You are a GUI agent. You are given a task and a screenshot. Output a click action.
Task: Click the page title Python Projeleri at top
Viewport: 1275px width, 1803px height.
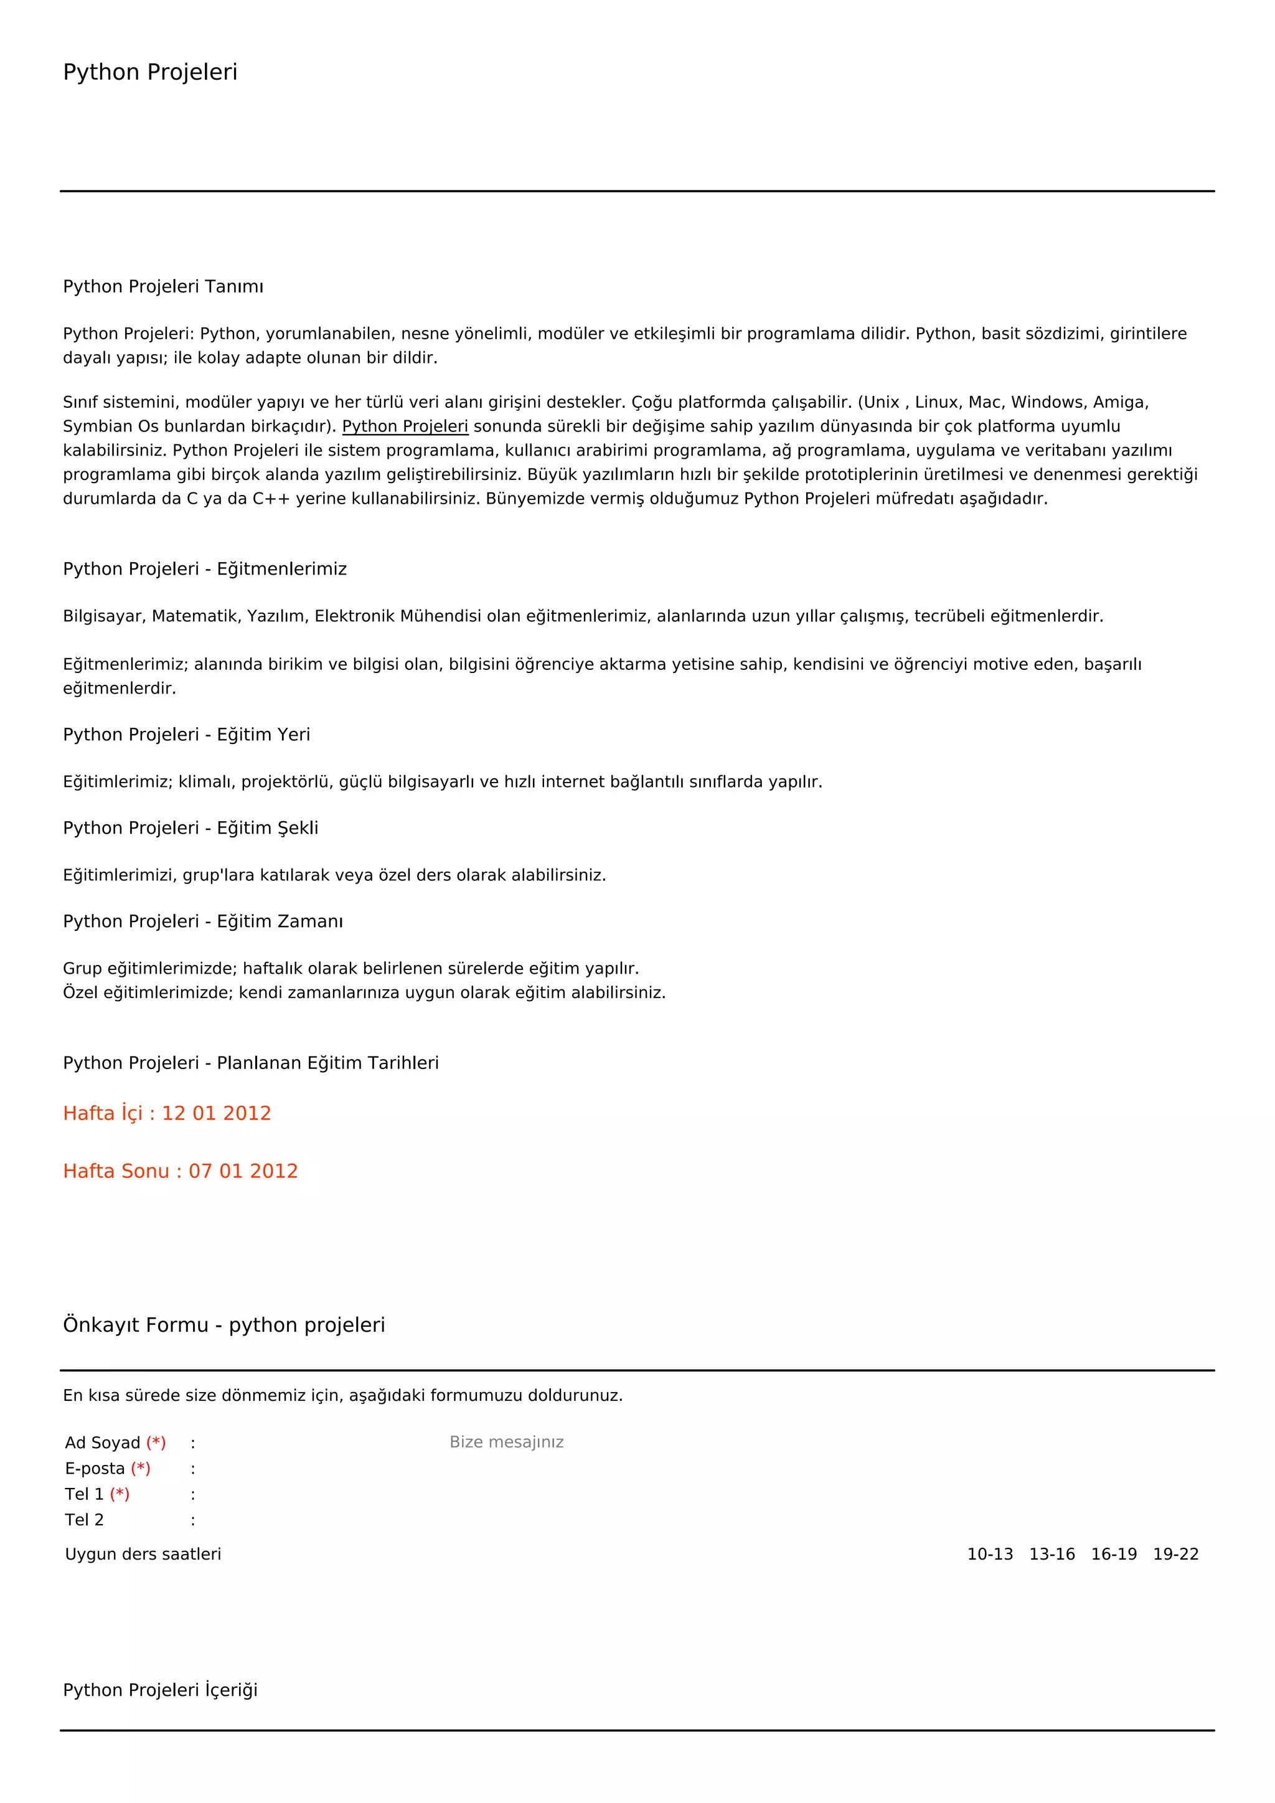click(150, 72)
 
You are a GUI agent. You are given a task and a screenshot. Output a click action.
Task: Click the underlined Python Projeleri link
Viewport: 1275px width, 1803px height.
click(405, 426)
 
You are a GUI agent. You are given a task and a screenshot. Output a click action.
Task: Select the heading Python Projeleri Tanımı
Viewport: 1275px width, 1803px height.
click(163, 286)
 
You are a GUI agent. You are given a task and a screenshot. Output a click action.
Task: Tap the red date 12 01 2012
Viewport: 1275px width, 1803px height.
click(216, 1114)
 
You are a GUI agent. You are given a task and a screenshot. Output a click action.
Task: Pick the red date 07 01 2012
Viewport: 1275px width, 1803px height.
click(243, 1172)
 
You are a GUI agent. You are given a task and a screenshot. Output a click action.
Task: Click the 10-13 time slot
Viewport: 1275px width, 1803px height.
click(989, 1554)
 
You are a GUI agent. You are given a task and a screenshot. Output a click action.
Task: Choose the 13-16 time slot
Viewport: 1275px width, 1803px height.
click(1052, 1554)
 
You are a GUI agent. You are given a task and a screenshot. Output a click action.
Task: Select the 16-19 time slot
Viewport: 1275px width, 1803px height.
click(1113, 1554)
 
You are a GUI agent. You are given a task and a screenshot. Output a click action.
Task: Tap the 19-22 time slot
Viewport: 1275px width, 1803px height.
click(1175, 1554)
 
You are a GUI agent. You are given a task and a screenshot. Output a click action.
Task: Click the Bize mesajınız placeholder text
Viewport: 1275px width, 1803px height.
click(506, 1442)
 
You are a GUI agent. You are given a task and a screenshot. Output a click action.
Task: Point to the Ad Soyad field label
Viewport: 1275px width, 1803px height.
click(103, 1443)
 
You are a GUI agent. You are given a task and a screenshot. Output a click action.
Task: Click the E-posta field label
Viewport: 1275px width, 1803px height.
click(95, 1469)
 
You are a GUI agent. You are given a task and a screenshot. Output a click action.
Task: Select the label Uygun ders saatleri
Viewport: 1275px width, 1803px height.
click(143, 1554)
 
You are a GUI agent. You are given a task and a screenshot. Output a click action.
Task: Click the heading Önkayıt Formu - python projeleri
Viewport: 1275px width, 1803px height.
click(223, 1325)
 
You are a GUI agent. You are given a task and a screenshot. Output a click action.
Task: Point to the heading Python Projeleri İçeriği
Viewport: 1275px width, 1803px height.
click(160, 1690)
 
